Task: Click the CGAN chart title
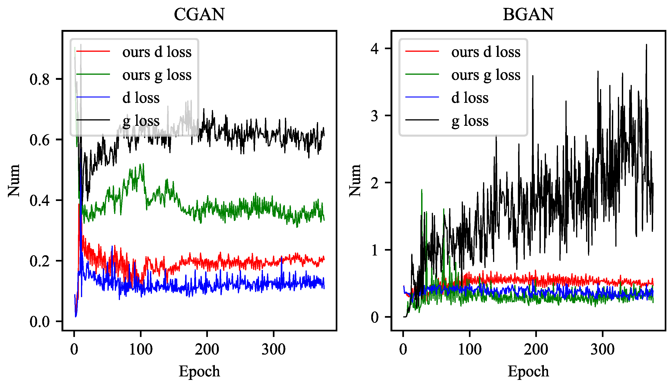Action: [199, 15]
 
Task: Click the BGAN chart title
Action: [528, 15]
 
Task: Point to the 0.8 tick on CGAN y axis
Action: [39, 79]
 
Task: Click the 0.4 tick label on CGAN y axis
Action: [39, 201]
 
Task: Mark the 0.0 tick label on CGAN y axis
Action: [39, 322]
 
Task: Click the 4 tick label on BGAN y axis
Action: [374, 49]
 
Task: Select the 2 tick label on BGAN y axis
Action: [374, 183]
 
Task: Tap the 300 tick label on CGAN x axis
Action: [273, 349]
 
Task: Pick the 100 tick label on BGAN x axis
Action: [470, 349]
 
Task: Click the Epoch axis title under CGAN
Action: [199, 371]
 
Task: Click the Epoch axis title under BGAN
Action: [528, 371]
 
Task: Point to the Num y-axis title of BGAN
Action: [355, 181]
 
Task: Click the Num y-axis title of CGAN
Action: [14, 181]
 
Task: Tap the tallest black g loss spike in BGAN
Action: [646, 45]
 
